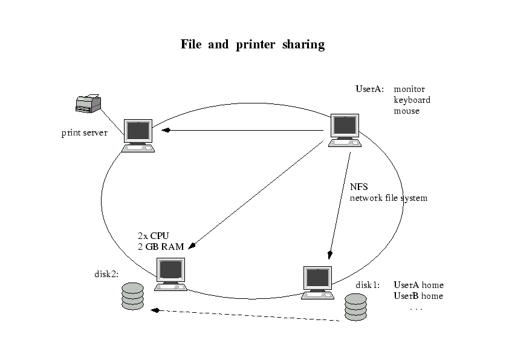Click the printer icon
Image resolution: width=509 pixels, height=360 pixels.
(x=88, y=103)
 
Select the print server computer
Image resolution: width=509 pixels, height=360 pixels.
(x=138, y=135)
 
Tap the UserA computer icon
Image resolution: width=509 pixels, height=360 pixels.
(x=345, y=129)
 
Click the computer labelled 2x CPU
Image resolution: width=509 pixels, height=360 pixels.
(x=171, y=273)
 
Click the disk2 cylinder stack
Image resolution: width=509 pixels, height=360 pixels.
(x=133, y=296)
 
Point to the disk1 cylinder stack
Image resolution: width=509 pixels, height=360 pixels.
(x=355, y=306)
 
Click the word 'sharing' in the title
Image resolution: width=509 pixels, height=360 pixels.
(x=303, y=45)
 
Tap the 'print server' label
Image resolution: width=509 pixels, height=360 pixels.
(x=84, y=133)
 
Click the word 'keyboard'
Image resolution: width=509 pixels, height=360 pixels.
(x=412, y=100)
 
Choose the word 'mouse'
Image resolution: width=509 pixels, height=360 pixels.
(x=406, y=111)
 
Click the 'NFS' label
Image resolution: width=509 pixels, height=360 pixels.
(x=358, y=187)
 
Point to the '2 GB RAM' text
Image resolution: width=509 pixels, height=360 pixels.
(x=161, y=246)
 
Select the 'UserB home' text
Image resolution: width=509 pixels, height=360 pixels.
(x=418, y=296)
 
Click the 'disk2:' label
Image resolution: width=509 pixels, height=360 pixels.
(x=106, y=274)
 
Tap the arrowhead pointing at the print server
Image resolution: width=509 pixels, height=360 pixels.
(x=165, y=130)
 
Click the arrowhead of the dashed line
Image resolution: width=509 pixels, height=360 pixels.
(x=155, y=310)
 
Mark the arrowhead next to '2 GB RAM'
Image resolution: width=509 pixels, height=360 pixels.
(x=193, y=246)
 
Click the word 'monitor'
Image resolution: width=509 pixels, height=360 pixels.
(x=409, y=89)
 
